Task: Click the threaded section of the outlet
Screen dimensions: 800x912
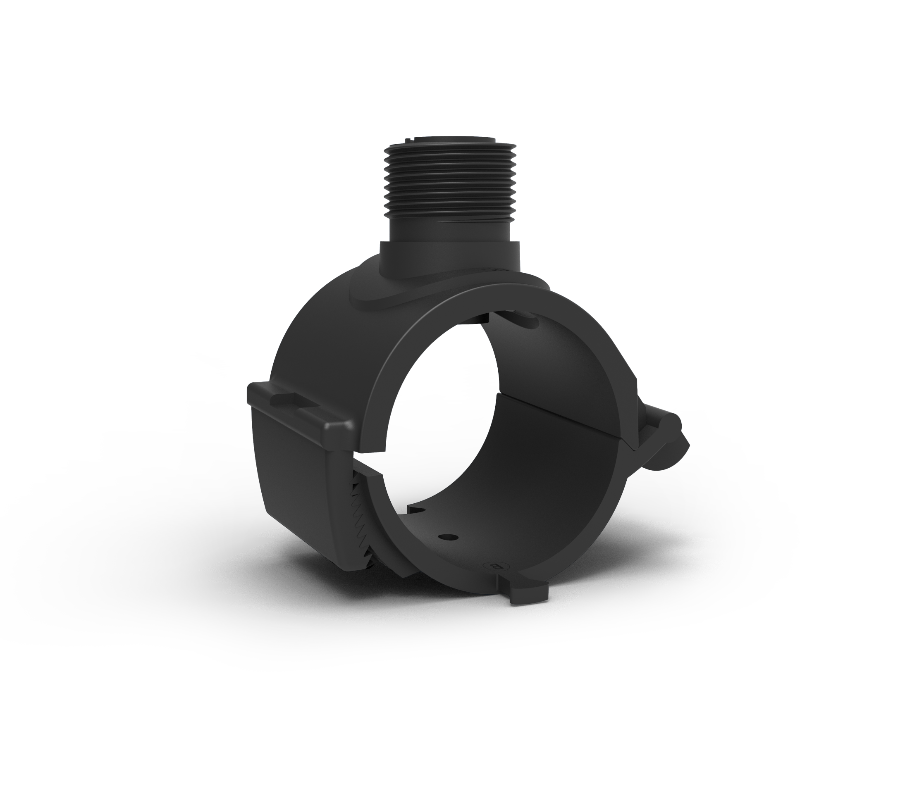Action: pyautogui.click(x=449, y=179)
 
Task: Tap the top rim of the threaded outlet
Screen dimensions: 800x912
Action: pyautogui.click(x=449, y=142)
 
